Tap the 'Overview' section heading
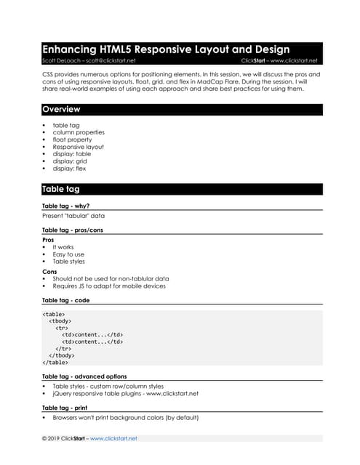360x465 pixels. point(61,110)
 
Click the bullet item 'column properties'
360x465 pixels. point(79,132)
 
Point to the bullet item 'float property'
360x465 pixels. point(73,139)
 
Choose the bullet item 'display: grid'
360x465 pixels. point(70,161)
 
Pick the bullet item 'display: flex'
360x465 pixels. point(69,169)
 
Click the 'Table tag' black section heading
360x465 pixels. point(61,190)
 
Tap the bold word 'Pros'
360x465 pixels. point(48,239)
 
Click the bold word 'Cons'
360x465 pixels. point(49,271)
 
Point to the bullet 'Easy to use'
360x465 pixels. point(68,254)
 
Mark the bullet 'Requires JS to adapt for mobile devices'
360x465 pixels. point(109,286)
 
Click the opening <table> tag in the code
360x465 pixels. point(54,315)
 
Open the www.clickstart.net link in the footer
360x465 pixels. point(113,439)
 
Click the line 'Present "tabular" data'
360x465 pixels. point(73,216)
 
